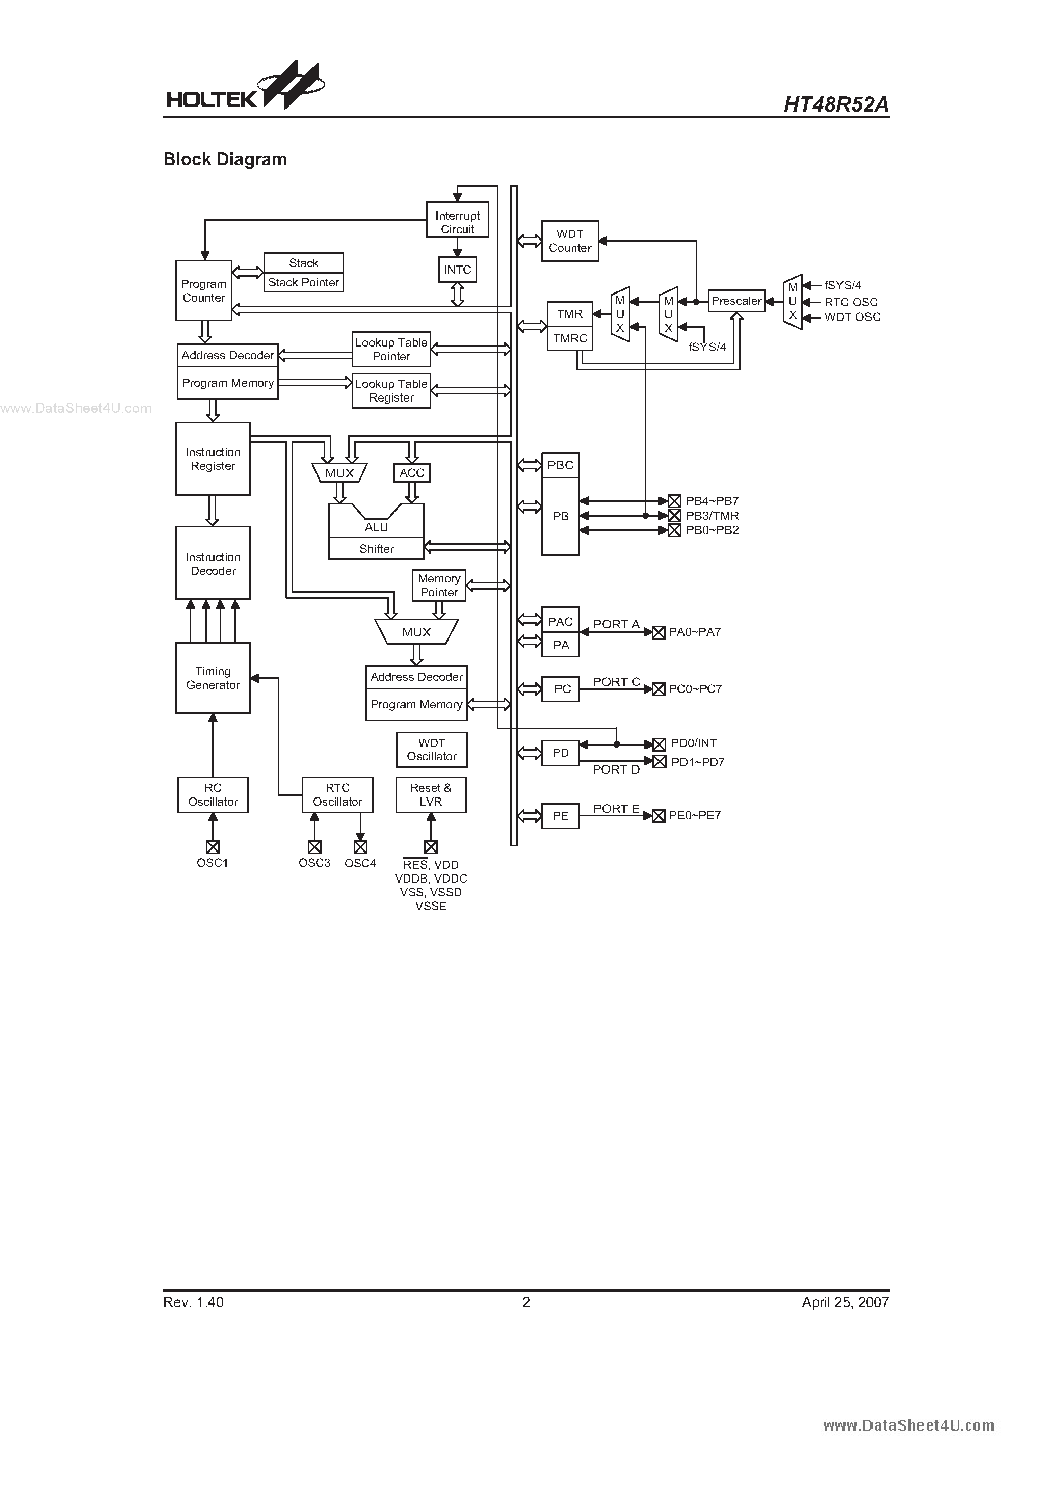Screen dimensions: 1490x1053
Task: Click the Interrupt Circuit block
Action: click(x=457, y=222)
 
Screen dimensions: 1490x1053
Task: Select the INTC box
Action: click(x=457, y=270)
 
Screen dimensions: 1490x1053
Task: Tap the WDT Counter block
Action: click(x=570, y=241)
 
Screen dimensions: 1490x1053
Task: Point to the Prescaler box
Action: click(x=736, y=301)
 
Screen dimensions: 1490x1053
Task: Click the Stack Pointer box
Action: click(x=304, y=283)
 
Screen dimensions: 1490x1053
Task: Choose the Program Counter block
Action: click(x=204, y=291)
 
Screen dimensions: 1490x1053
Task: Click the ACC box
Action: click(x=412, y=473)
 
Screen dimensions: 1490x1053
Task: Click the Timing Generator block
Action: click(x=213, y=678)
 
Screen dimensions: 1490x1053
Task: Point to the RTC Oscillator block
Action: click(x=337, y=795)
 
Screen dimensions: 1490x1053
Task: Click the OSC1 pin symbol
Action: click(x=213, y=847)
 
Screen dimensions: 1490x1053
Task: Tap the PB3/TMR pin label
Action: click(x=712, y=516)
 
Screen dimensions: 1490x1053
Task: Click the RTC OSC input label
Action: click(x=851, y=302)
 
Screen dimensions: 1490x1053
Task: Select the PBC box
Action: click(x=560, y=465)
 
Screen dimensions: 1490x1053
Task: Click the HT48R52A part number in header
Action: click(x=836, y=104)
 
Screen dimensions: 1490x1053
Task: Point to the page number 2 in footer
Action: click(x=526, y=1302)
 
